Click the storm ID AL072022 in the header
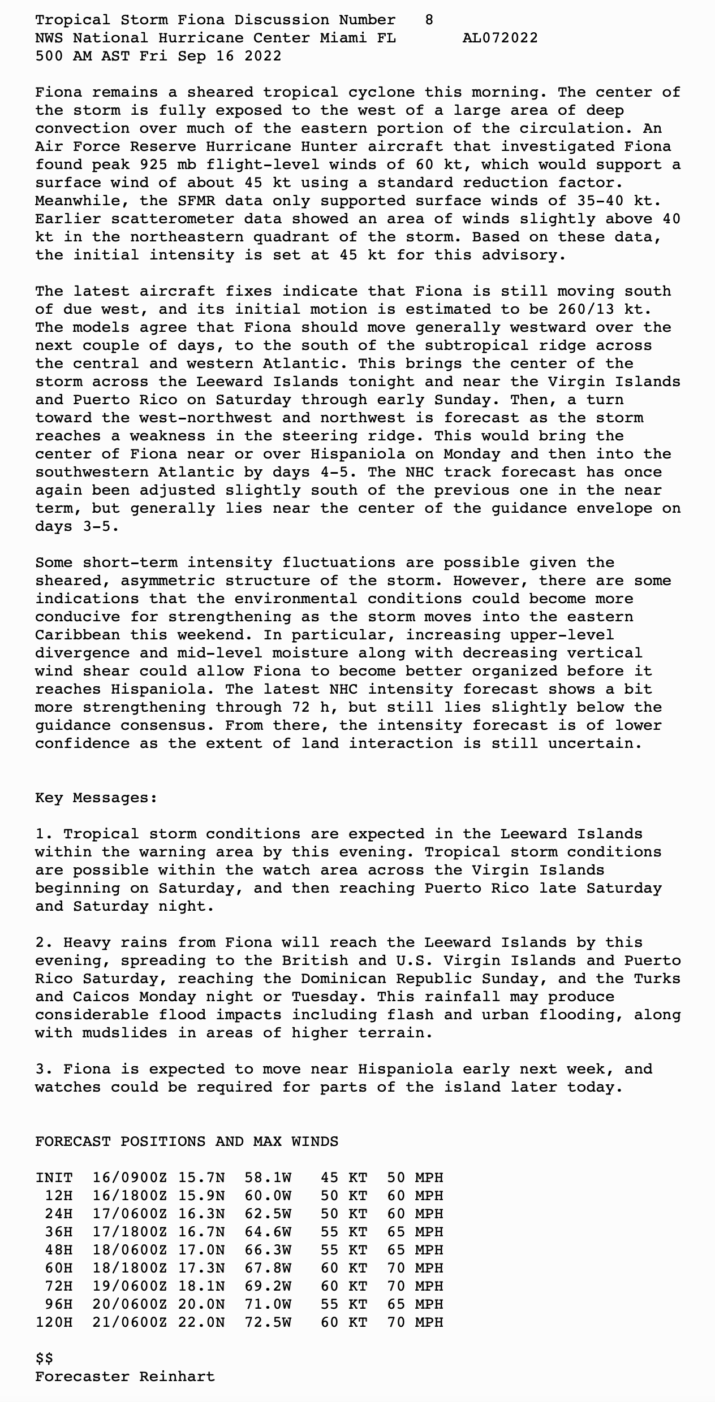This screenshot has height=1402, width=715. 500,38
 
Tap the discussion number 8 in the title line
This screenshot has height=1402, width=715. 429,20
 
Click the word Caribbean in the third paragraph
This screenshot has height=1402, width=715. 77,635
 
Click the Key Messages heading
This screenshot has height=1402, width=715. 96,798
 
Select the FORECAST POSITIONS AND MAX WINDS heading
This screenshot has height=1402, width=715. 187,1141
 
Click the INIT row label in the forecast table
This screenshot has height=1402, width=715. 54,1178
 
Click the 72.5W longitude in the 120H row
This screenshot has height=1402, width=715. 268,1322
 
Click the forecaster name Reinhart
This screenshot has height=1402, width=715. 177,1377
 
